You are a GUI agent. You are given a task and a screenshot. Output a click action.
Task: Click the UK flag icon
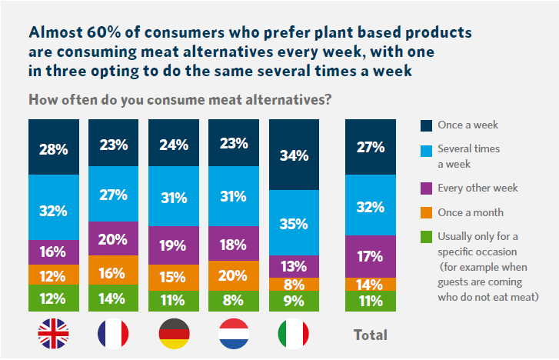tap(53, 334)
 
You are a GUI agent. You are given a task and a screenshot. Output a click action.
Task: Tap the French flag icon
tap(113, 334)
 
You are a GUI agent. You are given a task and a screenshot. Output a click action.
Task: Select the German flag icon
tap(173, 334)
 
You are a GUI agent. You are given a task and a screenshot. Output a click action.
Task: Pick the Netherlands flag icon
tap(233, 334)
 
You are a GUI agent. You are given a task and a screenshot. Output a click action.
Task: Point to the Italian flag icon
tap(293, 334)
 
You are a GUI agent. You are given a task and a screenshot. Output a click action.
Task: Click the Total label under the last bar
tap(370, 335)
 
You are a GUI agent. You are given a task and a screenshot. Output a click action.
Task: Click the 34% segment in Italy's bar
tap(293, 155)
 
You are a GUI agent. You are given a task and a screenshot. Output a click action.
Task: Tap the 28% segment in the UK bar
tap(53, 147)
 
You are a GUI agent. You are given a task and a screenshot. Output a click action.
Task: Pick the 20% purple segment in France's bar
tap(113, 238)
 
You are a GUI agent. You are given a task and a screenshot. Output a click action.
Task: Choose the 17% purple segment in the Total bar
tap(370, 255)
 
